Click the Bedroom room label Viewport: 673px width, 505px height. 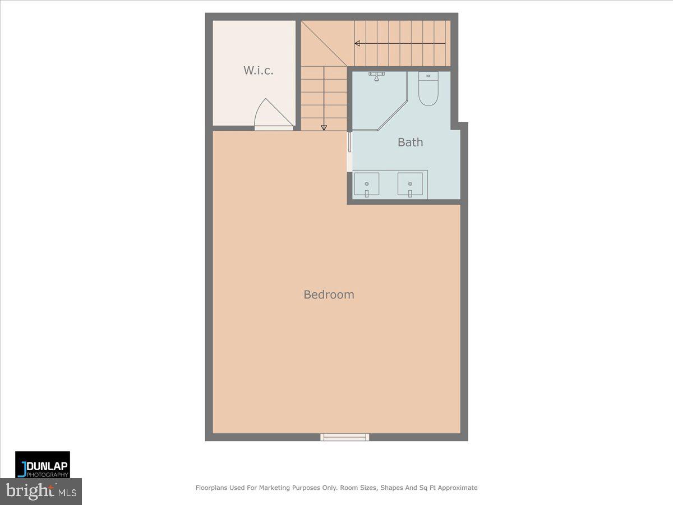click(329, 295)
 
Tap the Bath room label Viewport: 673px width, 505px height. click(410, 142)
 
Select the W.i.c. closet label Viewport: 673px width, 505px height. click(258, 70)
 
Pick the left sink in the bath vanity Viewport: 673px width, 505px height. click(366, 185)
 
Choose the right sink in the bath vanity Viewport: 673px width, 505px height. click(410, 185)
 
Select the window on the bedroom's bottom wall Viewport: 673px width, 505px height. click(345, 437)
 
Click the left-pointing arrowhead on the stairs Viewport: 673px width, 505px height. click(357, 43)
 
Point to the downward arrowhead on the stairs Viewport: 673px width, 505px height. click(324, 127)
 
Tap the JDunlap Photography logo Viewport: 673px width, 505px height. click(43, 465)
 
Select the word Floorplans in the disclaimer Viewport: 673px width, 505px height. click(212, 488)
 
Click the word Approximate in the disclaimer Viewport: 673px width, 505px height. click(458, 488)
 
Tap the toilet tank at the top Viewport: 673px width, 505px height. click(428, 75)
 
